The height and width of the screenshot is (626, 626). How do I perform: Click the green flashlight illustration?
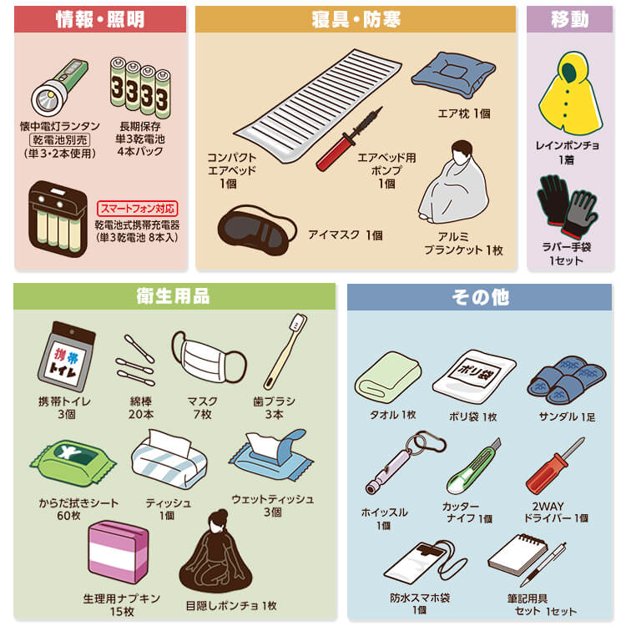point(59,87)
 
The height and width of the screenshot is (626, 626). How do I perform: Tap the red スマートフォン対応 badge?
point(138,209)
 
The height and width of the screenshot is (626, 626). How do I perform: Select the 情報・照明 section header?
point(100,19)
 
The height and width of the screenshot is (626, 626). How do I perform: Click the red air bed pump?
point(348,139)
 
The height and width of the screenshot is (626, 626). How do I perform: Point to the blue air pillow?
point(453,75)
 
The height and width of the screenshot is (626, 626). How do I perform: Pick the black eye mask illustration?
point(257,230)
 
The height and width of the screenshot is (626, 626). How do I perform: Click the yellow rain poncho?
point(570,93)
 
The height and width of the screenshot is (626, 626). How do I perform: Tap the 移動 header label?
point(570,19)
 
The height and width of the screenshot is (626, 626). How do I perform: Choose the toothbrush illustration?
point(285,351)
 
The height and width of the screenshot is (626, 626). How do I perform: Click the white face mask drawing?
point(209,358)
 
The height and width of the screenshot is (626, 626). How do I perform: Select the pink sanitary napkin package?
point(119,552)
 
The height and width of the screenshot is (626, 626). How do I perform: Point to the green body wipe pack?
point(73,463)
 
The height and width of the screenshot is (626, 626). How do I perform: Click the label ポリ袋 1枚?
point(473,416)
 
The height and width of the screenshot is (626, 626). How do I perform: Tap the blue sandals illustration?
point(567,379)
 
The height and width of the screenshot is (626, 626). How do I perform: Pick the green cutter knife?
point(473,467)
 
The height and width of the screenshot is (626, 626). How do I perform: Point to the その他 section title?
point(480,297)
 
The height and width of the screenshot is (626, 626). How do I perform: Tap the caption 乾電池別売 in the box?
point(59,140)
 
